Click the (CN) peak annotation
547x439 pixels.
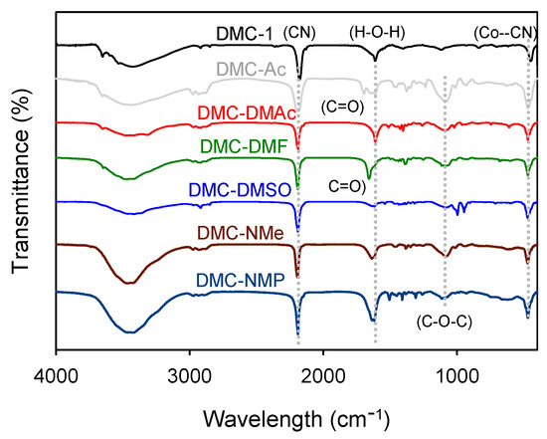[300, 31]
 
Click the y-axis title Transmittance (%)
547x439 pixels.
[18, 192]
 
